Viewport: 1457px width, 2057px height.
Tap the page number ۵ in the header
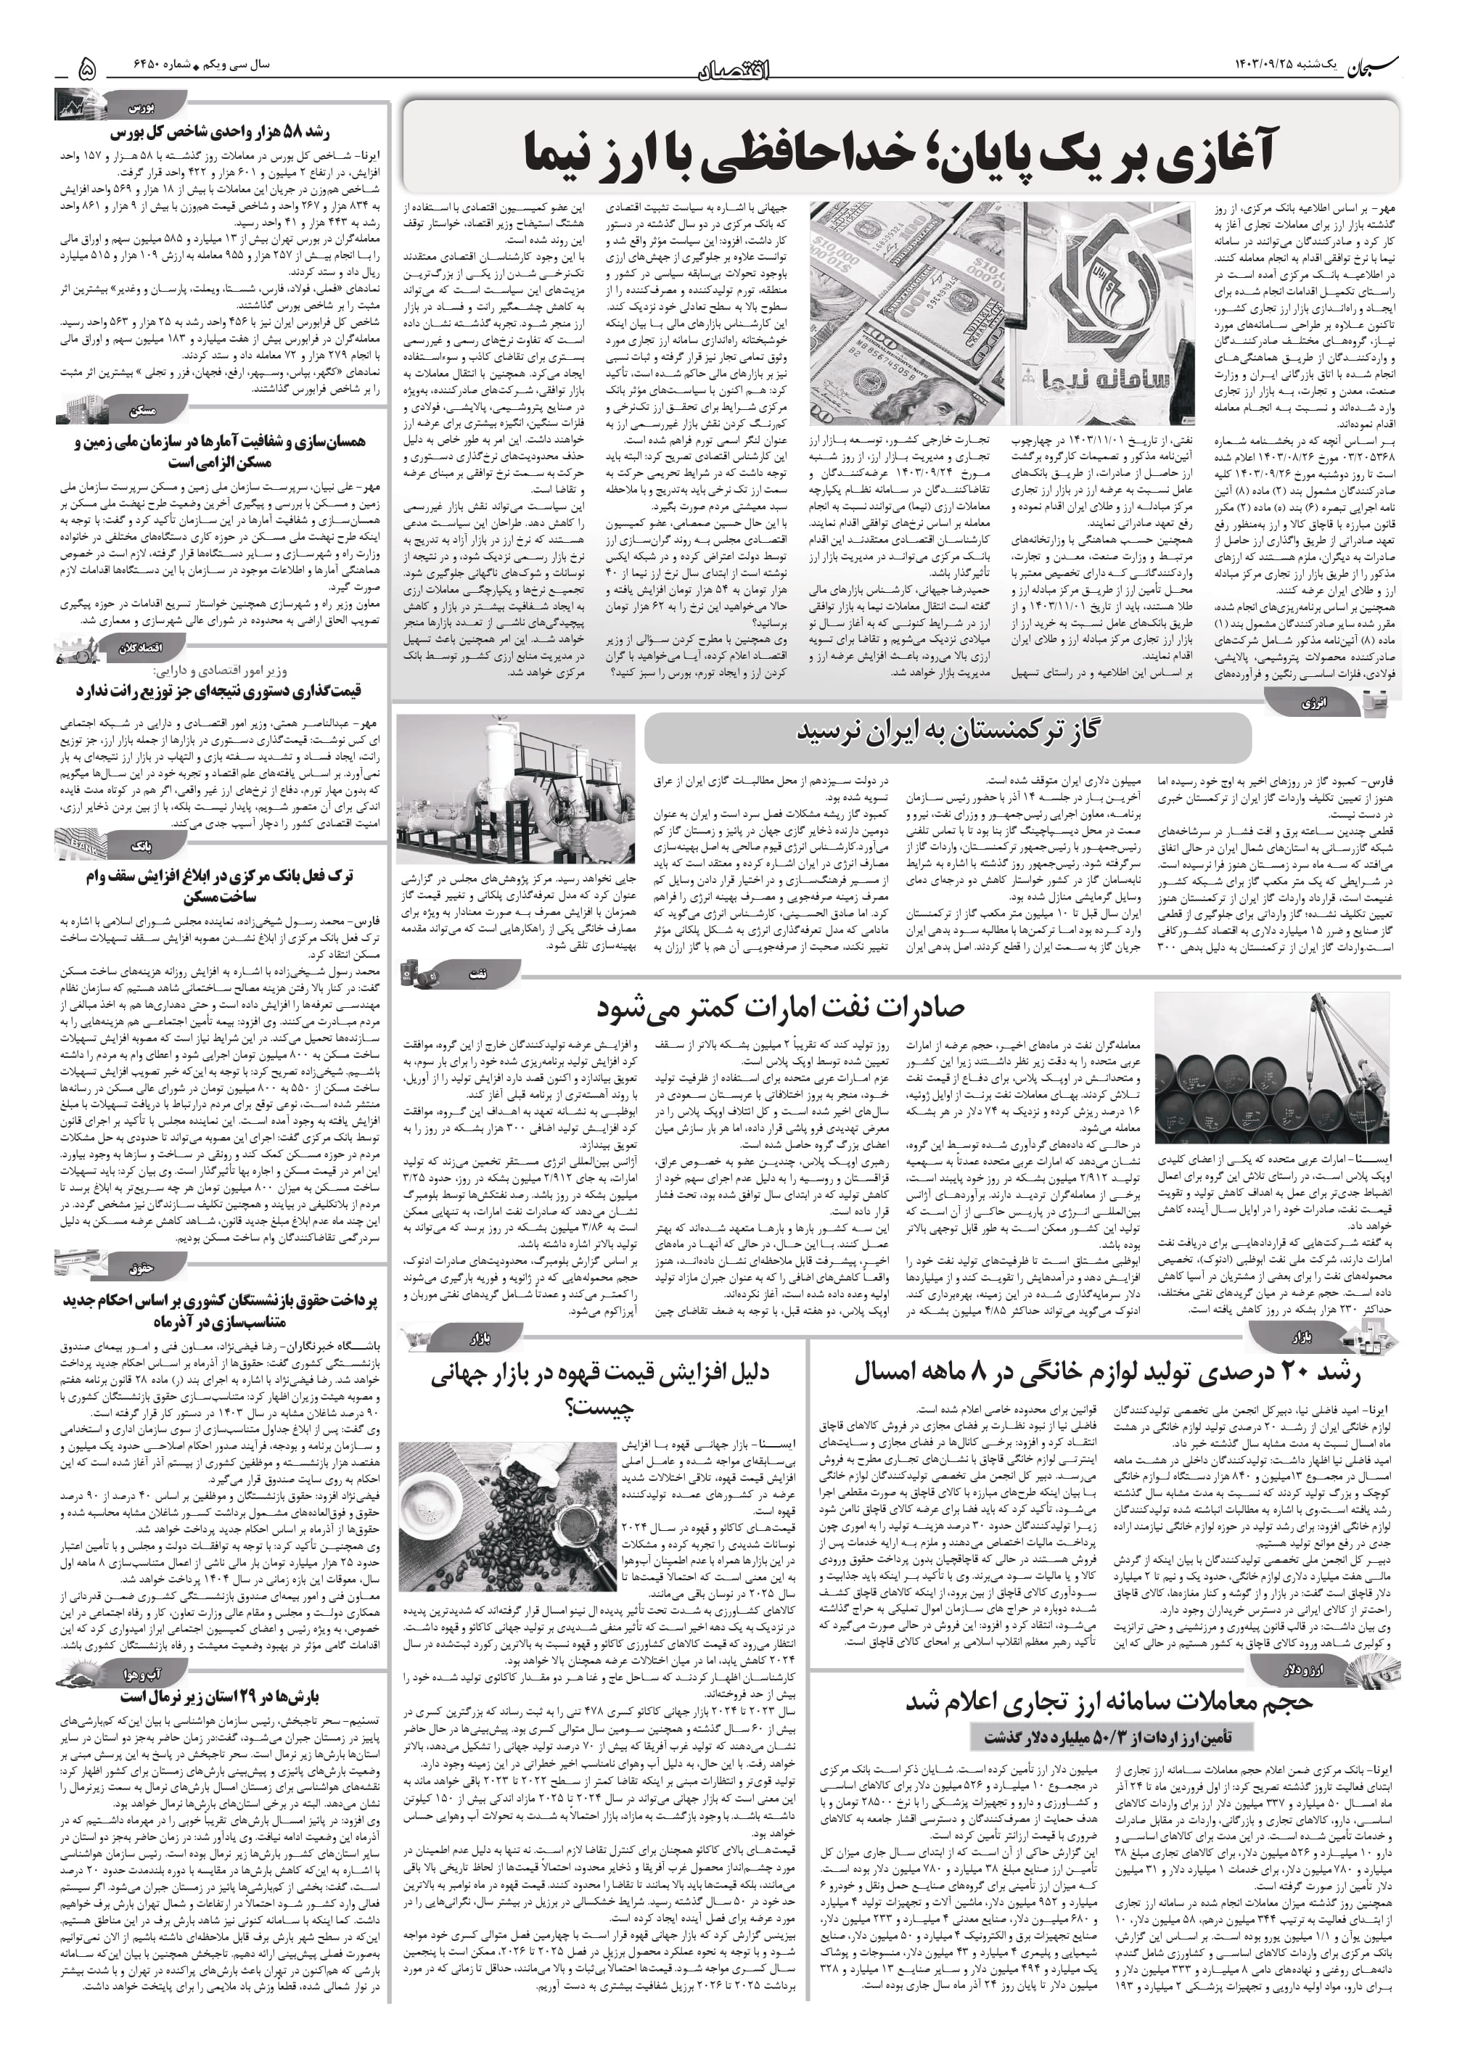pyautogui.click(x=87, y=67)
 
